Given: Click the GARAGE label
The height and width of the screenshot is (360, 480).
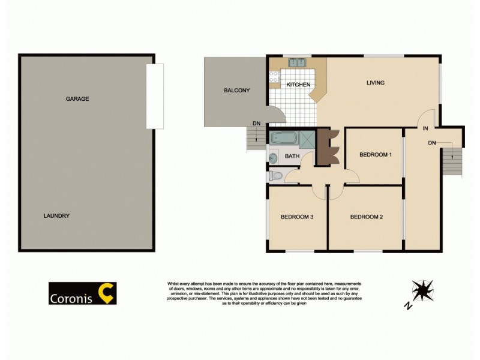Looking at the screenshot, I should tap(77, 99).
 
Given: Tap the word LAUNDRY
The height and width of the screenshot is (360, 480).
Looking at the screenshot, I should tap(57, 216).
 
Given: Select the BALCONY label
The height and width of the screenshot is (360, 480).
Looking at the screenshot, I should tap(236, 91).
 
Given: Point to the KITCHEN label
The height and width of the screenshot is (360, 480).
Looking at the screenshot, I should tap(298, 85).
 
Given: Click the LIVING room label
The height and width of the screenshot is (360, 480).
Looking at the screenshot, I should tap(376, 83).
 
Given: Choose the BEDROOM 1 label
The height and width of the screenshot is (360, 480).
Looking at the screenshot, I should tap(376, 155).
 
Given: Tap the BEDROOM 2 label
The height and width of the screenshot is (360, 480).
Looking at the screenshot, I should tap(367, 217).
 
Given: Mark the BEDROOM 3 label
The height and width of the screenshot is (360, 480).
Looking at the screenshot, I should tap(298, 217).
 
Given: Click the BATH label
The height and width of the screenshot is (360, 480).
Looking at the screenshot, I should tap(292, 157).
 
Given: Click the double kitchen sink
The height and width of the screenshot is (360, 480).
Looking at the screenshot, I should tap(297, 62).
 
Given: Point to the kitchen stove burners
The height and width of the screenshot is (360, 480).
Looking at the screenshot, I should tap(275, 76).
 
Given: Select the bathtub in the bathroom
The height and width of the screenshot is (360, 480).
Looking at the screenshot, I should tap(283, 139).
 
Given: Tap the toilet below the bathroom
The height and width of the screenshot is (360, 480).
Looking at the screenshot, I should tap(275, 175).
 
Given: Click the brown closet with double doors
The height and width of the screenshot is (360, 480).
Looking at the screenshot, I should tap(328, 148).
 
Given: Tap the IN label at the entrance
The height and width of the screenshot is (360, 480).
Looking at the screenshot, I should tap(425, 128).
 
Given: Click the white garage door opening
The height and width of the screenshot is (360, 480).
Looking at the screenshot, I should tap(155, 96).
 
